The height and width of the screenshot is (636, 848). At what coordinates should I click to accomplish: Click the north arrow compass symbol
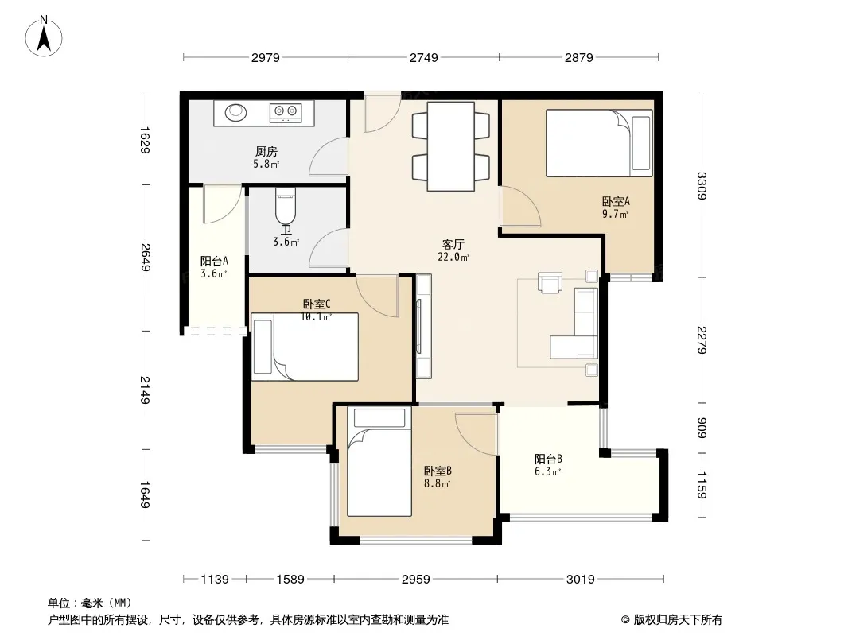44,37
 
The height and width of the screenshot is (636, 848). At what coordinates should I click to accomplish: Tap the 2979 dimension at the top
266,57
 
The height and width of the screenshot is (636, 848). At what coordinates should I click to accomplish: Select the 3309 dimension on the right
702,186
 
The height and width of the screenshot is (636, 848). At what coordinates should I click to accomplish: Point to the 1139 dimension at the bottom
215,580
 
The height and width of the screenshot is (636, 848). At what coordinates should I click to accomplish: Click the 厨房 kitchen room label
266,151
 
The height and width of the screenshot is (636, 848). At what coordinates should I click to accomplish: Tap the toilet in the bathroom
286,205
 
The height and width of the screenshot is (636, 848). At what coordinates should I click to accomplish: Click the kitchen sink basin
235,112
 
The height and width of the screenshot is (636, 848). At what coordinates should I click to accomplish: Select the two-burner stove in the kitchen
286,112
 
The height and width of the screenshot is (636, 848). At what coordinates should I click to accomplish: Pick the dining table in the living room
451,146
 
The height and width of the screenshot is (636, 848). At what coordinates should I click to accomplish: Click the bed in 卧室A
599,143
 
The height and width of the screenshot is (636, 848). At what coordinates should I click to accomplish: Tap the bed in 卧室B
379,462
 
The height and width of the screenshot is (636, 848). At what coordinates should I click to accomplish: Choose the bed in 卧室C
305,347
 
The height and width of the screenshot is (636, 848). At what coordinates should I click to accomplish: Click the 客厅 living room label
453,244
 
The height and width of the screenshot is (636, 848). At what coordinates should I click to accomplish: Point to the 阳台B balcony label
548,460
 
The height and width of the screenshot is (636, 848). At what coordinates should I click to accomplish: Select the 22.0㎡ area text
453,258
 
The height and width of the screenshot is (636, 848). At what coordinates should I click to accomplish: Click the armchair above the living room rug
550,282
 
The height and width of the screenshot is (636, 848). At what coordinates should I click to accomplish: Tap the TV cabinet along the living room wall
424,326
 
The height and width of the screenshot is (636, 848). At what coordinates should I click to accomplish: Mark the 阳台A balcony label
214,262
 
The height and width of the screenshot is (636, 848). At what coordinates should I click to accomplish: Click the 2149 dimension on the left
145,390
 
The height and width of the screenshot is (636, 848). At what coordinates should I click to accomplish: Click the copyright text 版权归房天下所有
678,620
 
